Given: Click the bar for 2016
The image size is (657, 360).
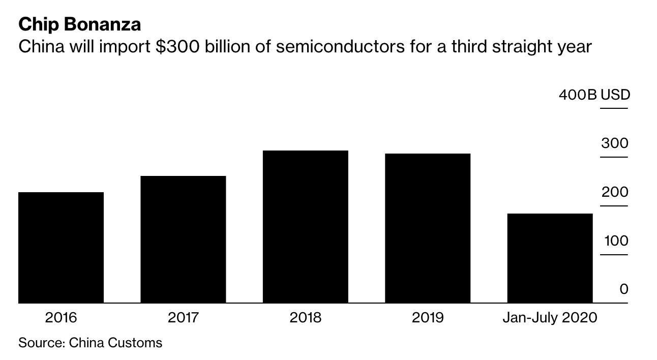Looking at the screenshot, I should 61,248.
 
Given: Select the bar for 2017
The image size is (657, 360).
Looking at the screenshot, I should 183,239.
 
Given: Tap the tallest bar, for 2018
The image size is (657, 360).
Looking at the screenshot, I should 306,227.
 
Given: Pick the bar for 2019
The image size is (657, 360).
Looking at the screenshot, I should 428,228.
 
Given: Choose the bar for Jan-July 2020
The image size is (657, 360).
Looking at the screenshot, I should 550,258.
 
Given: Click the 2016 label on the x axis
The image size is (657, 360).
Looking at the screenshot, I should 61,318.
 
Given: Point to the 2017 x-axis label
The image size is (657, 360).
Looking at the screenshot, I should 183,318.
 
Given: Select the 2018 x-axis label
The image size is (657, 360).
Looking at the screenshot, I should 306,318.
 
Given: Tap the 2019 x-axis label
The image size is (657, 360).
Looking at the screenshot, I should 428,318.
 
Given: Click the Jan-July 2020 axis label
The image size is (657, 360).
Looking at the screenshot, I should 550,318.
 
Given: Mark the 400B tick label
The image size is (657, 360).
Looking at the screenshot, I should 577,95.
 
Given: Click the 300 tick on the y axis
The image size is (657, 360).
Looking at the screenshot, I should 614,143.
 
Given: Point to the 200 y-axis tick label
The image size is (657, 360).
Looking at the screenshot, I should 614,192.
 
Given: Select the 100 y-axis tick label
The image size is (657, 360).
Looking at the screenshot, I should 616,241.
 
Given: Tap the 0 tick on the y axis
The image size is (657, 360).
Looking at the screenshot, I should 623,289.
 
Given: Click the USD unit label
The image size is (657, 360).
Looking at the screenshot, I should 615,95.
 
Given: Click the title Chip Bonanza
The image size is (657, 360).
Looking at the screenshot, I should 80,24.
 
